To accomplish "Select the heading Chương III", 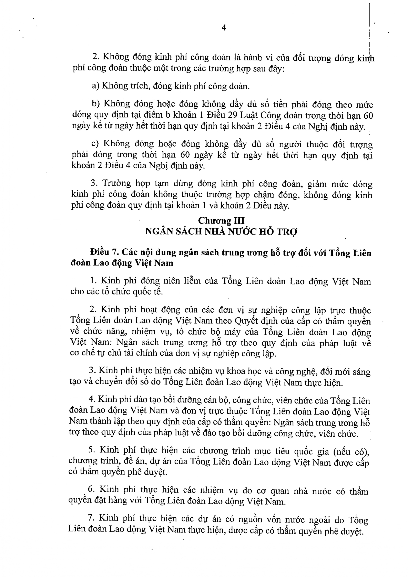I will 221,221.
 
